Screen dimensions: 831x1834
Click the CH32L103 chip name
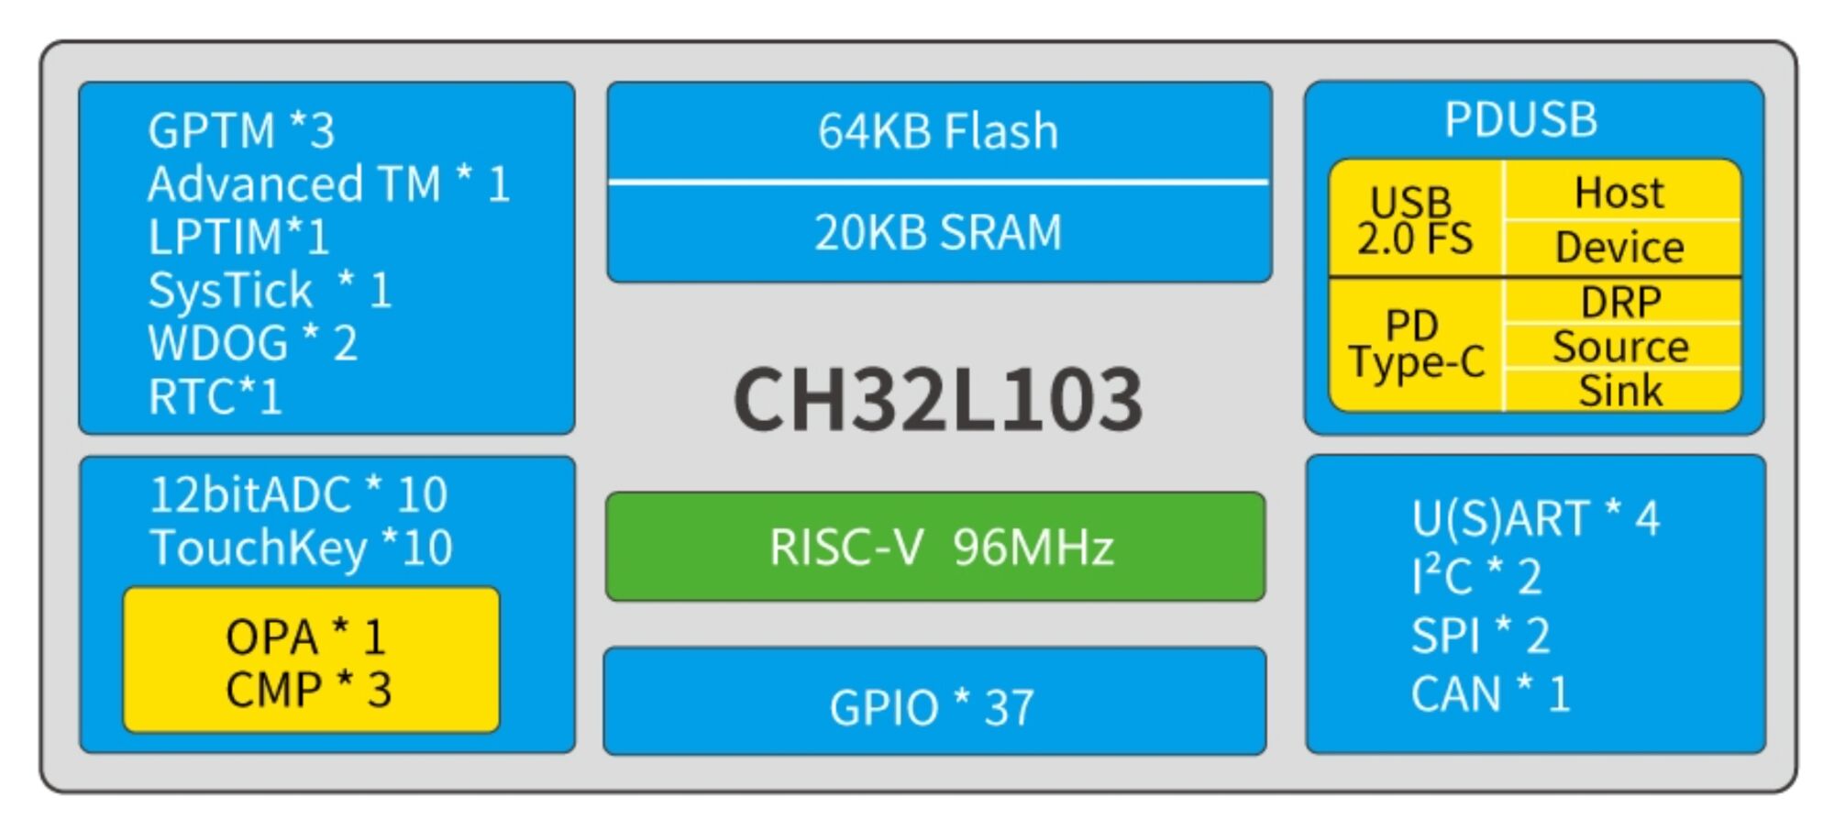pos(937,400)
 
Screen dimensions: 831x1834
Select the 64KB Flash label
pos(938,131)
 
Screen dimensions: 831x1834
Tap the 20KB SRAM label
pos(938,232)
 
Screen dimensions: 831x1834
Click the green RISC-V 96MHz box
pos(935,547)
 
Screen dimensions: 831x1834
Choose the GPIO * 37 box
pos(934,706)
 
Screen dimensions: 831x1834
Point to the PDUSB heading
pos(1520,120)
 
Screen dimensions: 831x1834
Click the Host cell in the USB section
pos(1619,193)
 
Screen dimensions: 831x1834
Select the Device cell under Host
pos(1619,248)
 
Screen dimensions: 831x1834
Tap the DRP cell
pos(1620,302)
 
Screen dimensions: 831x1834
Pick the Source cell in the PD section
pos(1620,347)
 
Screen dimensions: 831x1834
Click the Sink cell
pos(1620,391)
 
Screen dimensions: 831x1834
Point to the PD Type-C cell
pos(1415,344)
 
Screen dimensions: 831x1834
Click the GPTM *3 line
pos(241,131)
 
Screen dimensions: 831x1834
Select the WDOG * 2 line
pos(253,344)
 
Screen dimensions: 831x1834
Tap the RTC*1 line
pos(215,397)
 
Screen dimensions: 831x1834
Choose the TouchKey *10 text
pos(301,548)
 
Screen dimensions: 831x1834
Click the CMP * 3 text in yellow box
pos(309,690)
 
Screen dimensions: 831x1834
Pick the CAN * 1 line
pos(1490,694)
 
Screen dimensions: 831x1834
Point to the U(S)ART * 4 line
pos(1535,519)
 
